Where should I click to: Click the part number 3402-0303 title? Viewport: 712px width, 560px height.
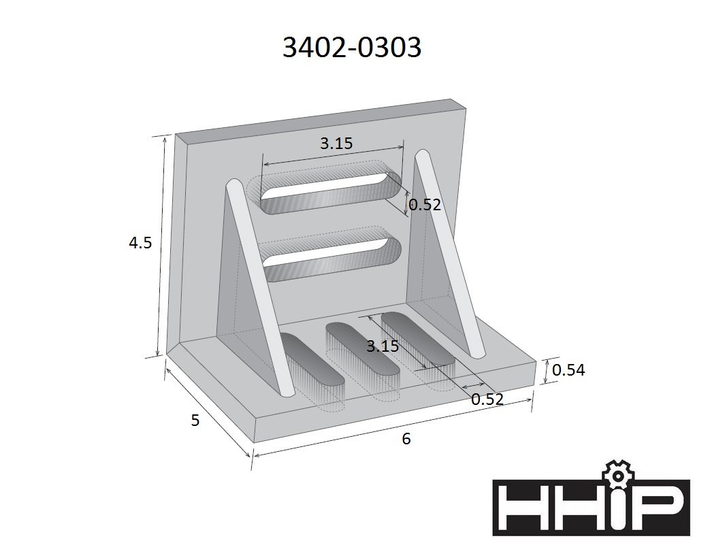click(x=352, y=47)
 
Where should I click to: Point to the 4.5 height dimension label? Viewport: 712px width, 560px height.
click(x=140, y=242)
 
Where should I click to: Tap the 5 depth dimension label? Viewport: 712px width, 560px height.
click(x=195, y=421)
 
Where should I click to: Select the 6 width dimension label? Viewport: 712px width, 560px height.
click(x=406, y=439)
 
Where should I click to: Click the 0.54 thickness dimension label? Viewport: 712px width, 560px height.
click(x=568, y=370)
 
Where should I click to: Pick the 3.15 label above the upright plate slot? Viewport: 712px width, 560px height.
click(x=336, y=144)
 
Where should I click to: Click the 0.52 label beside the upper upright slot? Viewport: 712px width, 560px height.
click(x=425, y=204)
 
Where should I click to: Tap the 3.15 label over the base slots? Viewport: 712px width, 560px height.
click(x=383, y=346)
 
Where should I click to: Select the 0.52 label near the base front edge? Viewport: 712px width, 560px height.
click(x=487, y=399)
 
